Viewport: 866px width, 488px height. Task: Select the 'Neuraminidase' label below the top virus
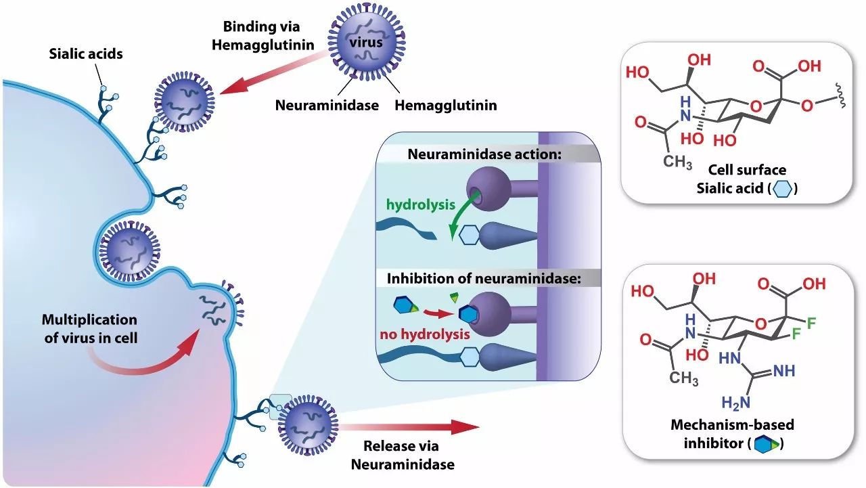pos(327,105)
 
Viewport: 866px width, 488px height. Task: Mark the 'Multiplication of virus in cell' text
pos(89,328)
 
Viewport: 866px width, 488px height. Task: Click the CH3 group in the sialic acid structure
pos(677,163)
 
